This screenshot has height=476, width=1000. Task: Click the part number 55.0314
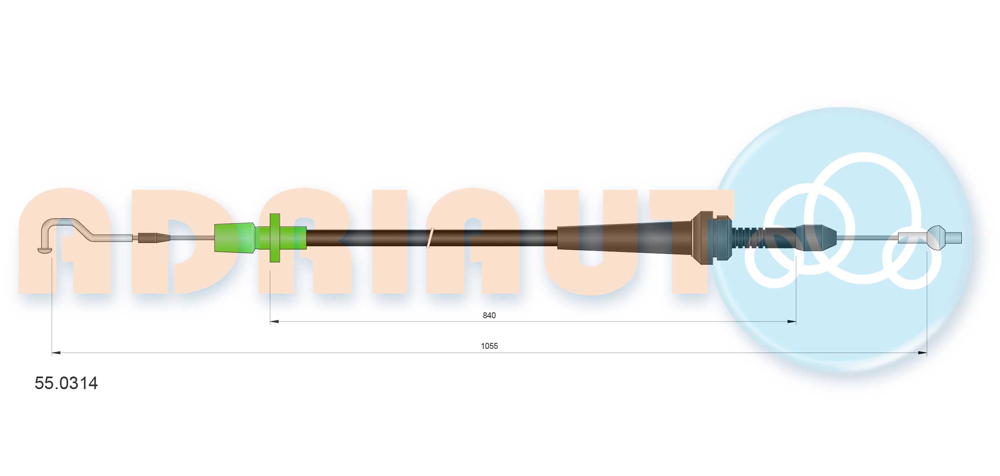coord(66,383)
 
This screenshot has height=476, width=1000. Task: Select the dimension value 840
coord(489,315)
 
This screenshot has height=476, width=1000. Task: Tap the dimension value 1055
coord(489,346)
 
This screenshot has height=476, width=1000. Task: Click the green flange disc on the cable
coord(275,238)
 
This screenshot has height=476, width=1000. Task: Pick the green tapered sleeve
coord(234,238)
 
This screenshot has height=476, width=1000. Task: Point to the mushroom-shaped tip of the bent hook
coord(45,250)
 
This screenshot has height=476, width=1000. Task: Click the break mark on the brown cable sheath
coord(429,238)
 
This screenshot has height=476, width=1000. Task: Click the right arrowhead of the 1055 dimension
coord(922,353)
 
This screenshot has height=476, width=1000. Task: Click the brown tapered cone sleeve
coord(622,238)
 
